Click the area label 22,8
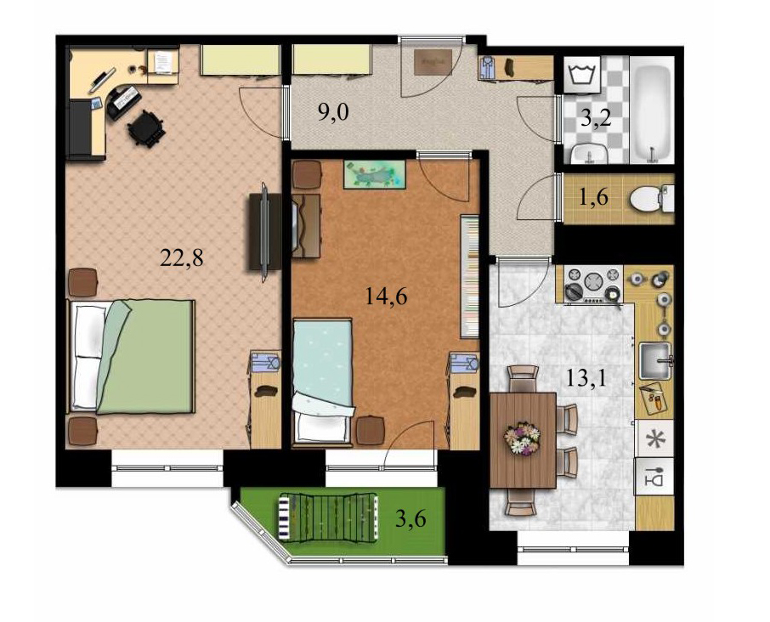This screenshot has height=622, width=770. (x=181, y=257)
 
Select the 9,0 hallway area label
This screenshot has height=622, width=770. (x=333, y=113)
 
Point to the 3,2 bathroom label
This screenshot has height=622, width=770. (x=596, y=118)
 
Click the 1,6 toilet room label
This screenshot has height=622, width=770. (x=593, y=197)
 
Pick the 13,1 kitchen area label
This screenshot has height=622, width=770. (x=586, y=378)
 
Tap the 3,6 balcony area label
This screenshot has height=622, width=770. (x=410, y=519)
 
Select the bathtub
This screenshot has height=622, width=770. (x=652, y=110)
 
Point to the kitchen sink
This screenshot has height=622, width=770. (x=655, y=361)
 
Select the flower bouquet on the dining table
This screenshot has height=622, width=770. (x=522, y=438)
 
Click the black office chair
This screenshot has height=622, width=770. (x=144, y=129)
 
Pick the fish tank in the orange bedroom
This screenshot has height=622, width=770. (x=375, y=174)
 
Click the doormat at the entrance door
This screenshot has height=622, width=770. (x=433, y=61)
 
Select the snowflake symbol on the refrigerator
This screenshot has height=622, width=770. (x=654, y=438)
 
